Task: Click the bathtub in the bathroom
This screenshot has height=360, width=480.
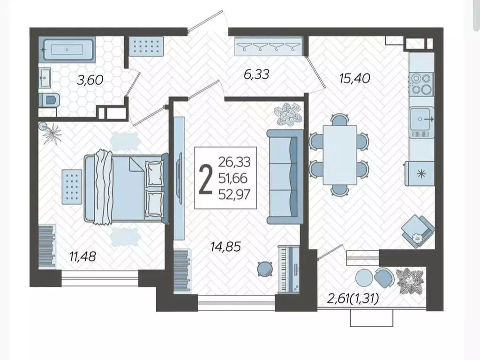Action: [x=67, y=49]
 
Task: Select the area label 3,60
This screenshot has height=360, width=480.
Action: [x=90, y=80]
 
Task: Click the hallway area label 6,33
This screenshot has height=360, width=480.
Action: [x=256, y=75]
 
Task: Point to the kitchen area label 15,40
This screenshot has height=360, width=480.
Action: [x=355, y=78]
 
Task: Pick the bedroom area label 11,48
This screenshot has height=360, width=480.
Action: [x=82, y=256]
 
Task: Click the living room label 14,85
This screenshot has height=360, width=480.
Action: [x=226, y=247]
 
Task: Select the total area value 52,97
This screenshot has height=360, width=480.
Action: [x=234, y=195]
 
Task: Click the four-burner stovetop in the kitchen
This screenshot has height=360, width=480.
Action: [x=421, y=83]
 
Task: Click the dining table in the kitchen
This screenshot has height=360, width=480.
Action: [x=340, y=155]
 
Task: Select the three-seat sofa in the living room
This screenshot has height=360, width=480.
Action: [x=285, y=177]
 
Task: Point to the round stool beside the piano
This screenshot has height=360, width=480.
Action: [x=265, y=269]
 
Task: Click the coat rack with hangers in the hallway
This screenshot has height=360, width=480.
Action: [x=269, y=46]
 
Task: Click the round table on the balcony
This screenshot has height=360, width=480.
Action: [x=364, y=278]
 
